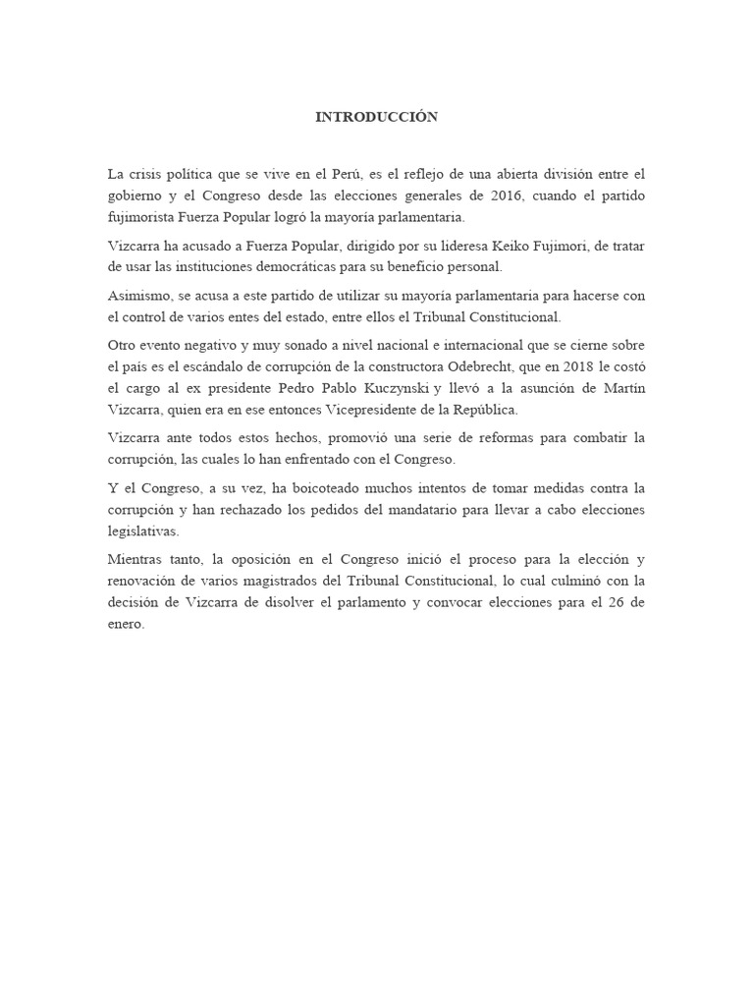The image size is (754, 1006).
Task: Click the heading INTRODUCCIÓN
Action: [x=376, y=117]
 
